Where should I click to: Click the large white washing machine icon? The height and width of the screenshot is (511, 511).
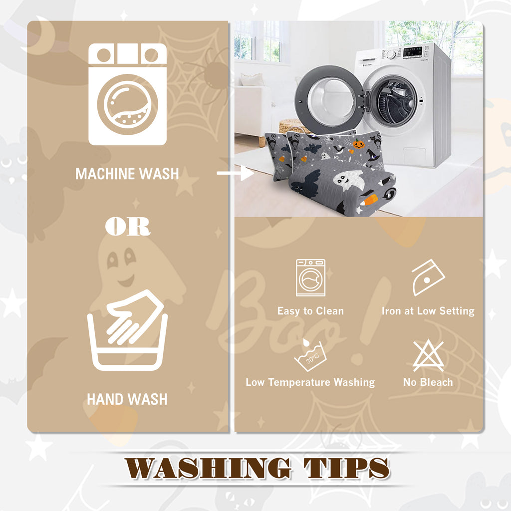(x=127, y=94)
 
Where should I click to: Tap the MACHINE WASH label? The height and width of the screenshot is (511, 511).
(x=127, y=174)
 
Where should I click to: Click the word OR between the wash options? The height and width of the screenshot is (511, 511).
(x=128, y=227)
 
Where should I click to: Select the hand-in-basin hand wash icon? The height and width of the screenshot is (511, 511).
(x=127, y=330)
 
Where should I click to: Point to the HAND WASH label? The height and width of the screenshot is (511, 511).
(x=127, y=399)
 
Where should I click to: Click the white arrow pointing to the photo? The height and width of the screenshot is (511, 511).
(x=236, y=173)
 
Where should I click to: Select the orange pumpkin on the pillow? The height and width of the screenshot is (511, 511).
(x=358, y=144)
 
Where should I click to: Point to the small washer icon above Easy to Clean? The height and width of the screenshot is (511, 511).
(x=310, y=277)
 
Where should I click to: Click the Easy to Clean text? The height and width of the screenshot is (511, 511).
(x=310, y=311)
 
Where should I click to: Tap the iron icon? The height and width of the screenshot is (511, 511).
(x=428, y=277)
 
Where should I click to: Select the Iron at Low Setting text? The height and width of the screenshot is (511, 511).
(x=428, y=311)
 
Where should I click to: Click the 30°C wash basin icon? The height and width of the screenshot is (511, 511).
(x=310, y=355)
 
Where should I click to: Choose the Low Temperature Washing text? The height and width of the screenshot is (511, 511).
(x=310, y=382)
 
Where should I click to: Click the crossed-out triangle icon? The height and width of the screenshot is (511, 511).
(x=428, y=355)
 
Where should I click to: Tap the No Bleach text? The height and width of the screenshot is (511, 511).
(x=428, y=382)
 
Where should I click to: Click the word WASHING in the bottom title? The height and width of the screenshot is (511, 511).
(x=208, y=468)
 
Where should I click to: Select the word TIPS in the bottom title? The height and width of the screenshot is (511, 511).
(x=346, y=468)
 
